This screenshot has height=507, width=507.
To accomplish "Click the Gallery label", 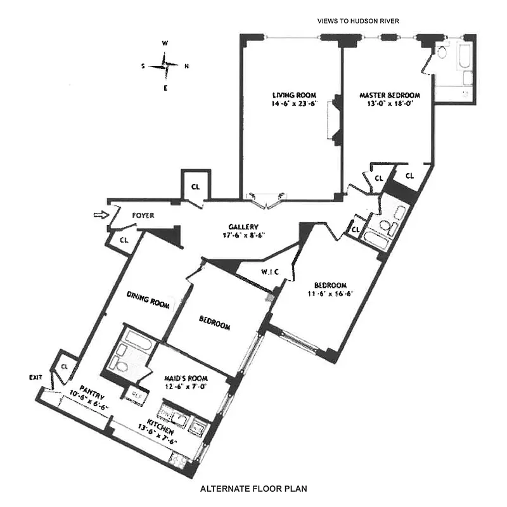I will point(242,227).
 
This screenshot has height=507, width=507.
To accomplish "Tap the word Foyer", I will point(143,216).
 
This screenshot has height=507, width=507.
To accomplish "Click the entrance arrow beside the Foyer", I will point(98,215).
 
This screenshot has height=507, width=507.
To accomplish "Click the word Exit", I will point(35,377).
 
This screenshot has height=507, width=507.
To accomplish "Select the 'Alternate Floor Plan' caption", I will point(253,489).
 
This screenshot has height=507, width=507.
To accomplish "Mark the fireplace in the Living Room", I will point(334,120).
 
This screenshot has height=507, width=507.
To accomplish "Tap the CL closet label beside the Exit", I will point(65,367).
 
